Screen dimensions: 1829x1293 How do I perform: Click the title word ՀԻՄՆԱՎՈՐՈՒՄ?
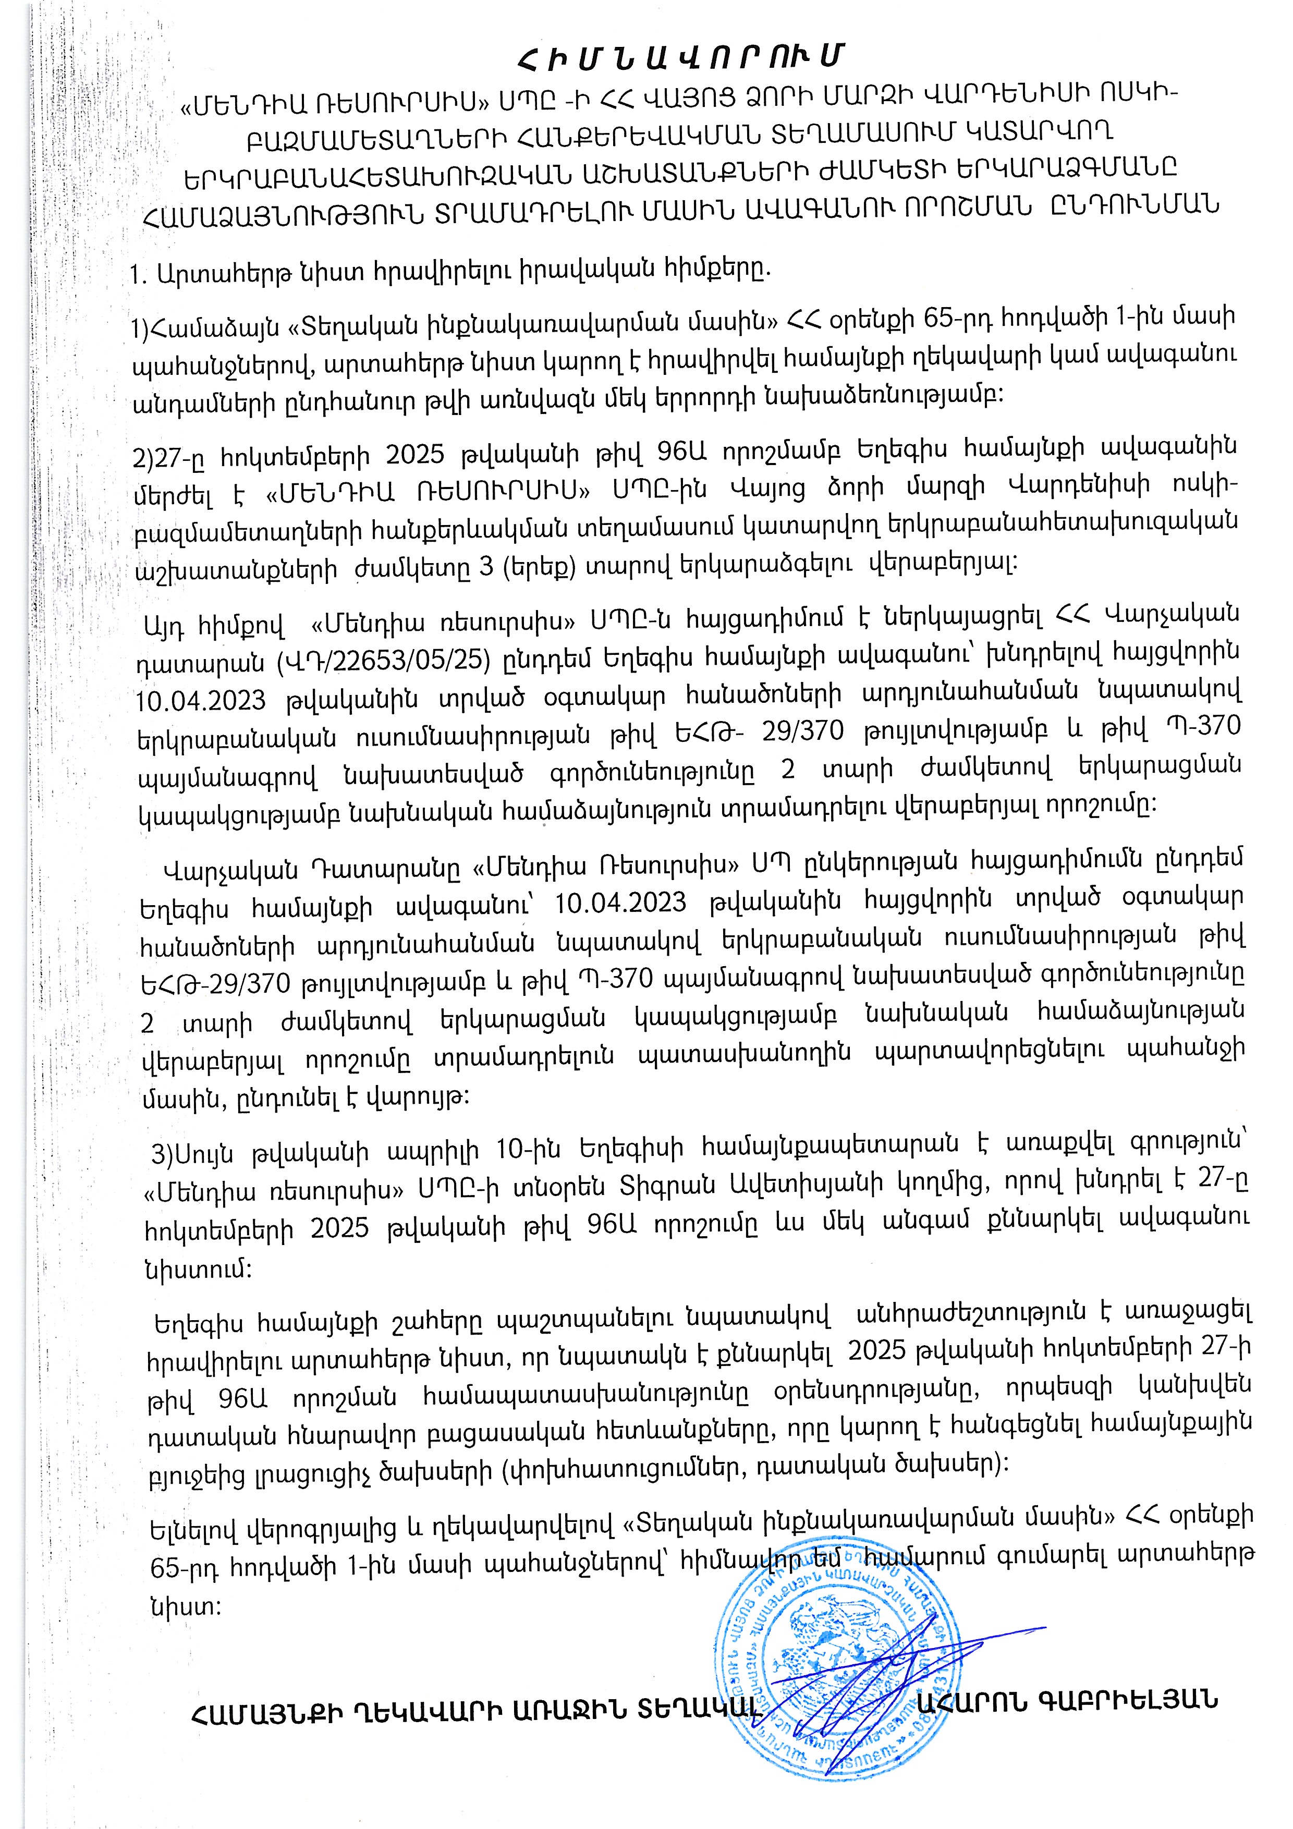679,56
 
